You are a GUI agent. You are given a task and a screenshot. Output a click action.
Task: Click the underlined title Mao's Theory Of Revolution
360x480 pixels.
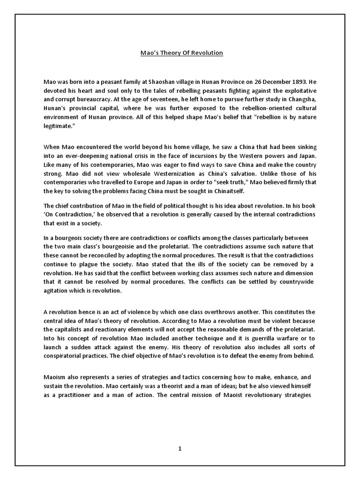(x=182, y=53)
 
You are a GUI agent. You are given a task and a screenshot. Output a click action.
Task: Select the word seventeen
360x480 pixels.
(x=170, y=99)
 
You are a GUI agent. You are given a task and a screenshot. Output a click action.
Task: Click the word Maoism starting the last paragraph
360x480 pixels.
(x=54, y=377)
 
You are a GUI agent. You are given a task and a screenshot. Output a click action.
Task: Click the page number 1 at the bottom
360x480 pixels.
(x=180, y=449)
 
